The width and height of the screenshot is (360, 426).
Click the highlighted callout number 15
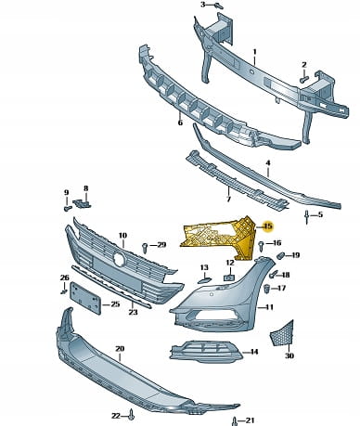[x=268, y=226]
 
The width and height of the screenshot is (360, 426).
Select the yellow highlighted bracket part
[x=223, y=237]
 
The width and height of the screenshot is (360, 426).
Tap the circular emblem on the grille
[x=119, y=258]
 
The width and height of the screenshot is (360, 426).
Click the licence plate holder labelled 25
[x=85, y=298]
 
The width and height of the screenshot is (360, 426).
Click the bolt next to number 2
[x=302, y=79]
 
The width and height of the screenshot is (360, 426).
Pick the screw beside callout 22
[x=132, y=415]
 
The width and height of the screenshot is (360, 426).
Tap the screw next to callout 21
[x=235, y=421]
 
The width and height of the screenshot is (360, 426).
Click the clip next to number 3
[x=219, y=6]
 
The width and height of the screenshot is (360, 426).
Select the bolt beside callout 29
[x=145, y=247]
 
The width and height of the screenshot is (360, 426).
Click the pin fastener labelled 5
[x=306, y=216]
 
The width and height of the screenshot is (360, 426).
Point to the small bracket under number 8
[x=83, y=203]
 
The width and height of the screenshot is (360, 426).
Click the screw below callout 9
[x=67, y=209]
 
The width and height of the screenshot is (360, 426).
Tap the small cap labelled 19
[x=279, y=256]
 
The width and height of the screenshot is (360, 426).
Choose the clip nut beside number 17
[x=267, y=288]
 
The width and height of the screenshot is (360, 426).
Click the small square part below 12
[x=228, y=277]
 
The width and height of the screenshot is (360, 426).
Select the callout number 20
[x=120, y=349]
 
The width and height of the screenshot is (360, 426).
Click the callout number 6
[x=180, y=123]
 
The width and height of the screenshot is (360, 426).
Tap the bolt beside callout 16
[x=262, y=246]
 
